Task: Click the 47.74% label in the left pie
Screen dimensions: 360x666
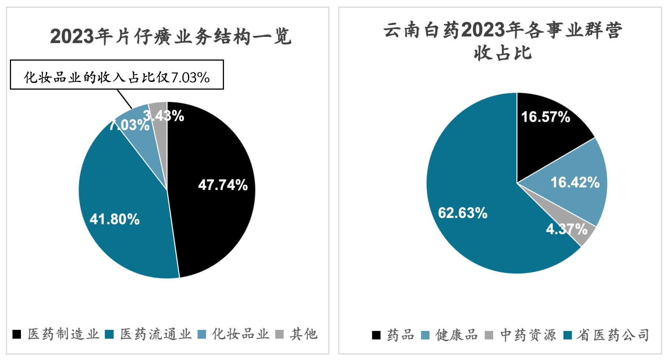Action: tap(223, 185)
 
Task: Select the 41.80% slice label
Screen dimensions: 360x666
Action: tap(115, 219)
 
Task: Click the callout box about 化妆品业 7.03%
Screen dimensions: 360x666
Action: tap(117, 75)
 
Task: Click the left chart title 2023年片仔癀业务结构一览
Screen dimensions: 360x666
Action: tap(171, 36)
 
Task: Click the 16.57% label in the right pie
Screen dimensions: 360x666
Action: tap(546, 117)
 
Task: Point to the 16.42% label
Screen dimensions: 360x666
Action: tap(575, 182)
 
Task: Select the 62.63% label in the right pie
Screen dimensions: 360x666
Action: tap(463, 213)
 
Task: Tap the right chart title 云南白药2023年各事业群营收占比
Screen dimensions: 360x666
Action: tap(503, 41)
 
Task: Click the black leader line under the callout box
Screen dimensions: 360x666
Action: tap(125, 99)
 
